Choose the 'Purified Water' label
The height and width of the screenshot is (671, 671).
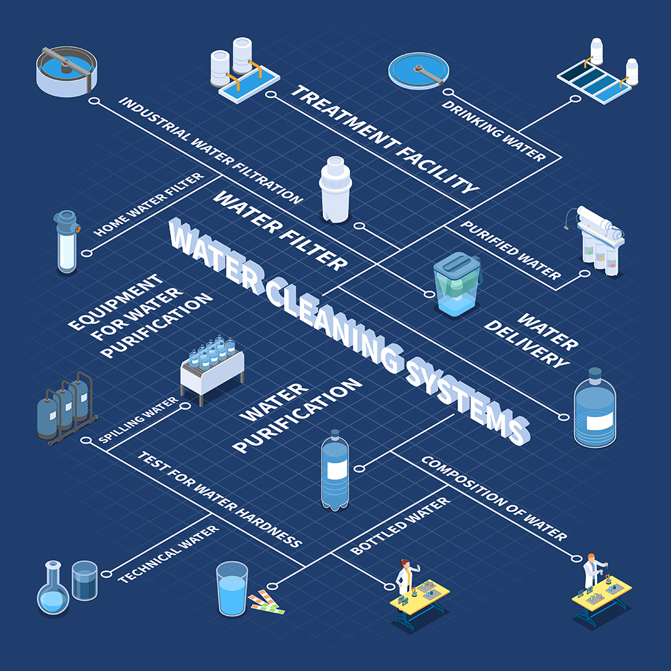(x=511, y=250)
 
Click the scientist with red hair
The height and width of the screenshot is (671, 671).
(x=404, y=577)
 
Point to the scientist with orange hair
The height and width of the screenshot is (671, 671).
(x=592, y=570)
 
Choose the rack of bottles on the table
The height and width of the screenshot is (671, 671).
(x=212, y=367)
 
